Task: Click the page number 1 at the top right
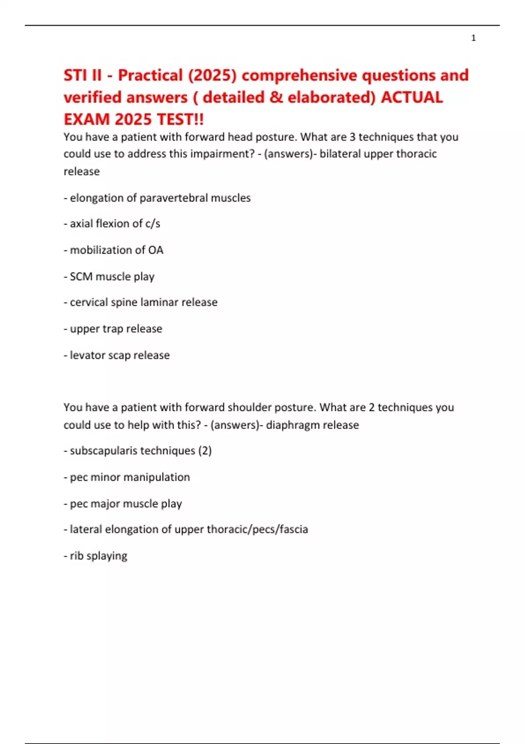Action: click(473, 38)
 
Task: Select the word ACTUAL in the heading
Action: click(412, 97)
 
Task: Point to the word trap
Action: click(113, 329)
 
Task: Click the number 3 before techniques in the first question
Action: click(353, 137)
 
